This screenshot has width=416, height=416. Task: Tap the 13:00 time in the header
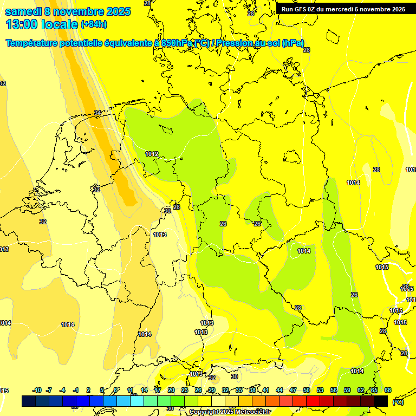(x=22, y=24)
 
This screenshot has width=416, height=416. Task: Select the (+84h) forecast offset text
(x=94, y=24)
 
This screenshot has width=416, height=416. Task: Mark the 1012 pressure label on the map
(x=152, y=154)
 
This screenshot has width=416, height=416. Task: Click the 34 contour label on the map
(x=97, y=113)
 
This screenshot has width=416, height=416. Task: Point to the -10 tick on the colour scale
(x=37, y=390)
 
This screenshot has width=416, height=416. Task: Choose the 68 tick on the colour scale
(x=388, y=390)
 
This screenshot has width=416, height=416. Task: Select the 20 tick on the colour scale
(x=171, y=390)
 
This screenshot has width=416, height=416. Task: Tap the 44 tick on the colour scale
(x=279, y=390)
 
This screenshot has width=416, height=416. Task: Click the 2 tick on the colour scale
(x=88, y=390)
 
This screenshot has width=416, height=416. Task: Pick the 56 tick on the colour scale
(x=334, y=390)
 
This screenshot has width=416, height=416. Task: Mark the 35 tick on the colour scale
(x=239, y=390)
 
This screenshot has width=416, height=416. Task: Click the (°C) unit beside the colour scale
(x=398, y=402)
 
